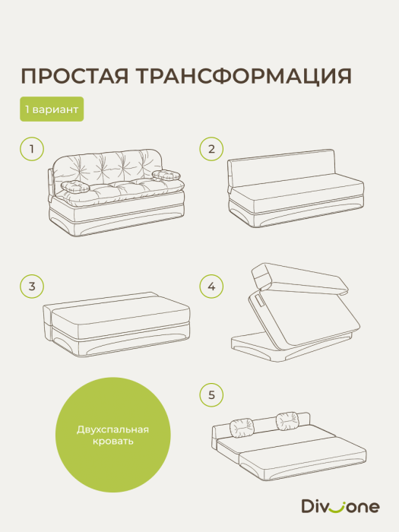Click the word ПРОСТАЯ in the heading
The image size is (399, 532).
click(x=71, y=76)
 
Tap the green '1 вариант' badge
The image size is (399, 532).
click(x=52, y=109)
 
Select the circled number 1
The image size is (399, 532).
click(x=32, y=149)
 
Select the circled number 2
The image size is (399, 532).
click(x=212, y=149)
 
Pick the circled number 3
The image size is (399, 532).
click(x=32, y=287)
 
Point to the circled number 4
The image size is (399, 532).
click(x=212, y=287)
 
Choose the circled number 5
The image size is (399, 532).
click(x=212, y=394)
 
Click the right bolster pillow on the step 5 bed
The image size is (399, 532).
click(x=287, y=418)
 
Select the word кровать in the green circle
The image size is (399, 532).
click(x=113, y=442)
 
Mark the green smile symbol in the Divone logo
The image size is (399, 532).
click(x=339, y=505)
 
